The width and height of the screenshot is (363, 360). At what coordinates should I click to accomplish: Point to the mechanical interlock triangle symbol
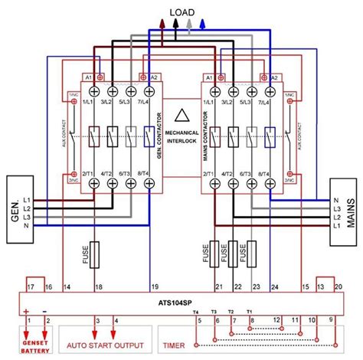click(x=181, y=117)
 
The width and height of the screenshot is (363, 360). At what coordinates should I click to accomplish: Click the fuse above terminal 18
click(x=95, y=254)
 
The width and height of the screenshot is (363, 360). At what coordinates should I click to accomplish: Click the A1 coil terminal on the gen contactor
click(x=88, y=77)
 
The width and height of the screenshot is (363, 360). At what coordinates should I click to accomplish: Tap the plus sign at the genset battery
click(x=25, y=311)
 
